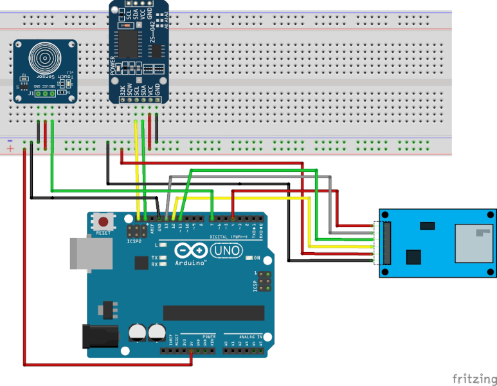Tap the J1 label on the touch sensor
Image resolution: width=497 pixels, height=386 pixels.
(x=30, y=93)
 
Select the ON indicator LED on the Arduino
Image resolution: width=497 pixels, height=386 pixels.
(x=249, y=258)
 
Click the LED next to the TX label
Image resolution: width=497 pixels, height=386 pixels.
(x=164, y=257)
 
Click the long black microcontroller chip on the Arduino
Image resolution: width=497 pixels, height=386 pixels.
(x=213, y=313)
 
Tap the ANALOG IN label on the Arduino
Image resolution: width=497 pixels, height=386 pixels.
(x=250, y=336)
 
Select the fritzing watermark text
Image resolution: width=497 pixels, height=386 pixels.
(x=473, y=378)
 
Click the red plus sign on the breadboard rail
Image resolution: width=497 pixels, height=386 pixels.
(x=10, y=149)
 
